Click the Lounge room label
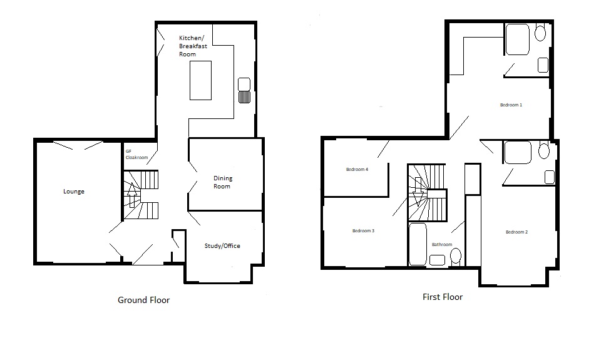[x=74, y=192]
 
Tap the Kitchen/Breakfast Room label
[x=193, y=46]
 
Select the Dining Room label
[x=223, y=182]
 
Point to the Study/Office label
[x=222, y=246]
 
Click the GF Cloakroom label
[x=136, y=155]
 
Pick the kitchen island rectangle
[x=201, y=80]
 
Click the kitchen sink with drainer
[x=244, y=91]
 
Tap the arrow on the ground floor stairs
[x=132, y=195]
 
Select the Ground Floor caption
[x=144, y=301]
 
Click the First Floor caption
[x=443, y=297]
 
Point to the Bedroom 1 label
[x=511, y=105]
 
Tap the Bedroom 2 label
[x=516, y=232]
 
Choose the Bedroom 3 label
[x=363, y=230]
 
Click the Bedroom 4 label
[x=357, y=170]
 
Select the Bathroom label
[x=442, y=244]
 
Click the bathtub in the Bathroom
[x=418, y=244]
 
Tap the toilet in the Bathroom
[x=456, y=257]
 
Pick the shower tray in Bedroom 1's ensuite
[x=517, y=39]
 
